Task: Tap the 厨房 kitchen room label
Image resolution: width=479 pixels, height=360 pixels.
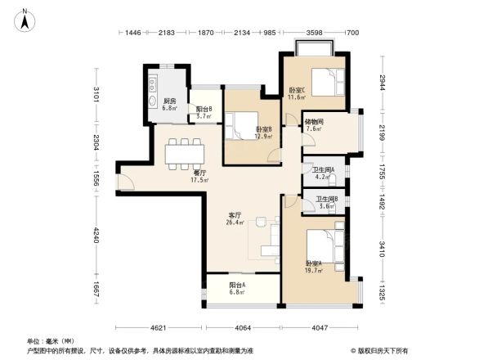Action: point(170,101)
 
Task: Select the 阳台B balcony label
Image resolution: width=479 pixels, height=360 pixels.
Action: point(204,109)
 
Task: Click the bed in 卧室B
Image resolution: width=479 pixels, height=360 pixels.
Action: point(244,124)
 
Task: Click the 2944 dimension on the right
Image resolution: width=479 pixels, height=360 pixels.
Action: point(380,83)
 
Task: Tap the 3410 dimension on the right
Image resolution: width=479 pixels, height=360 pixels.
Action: point(380,245)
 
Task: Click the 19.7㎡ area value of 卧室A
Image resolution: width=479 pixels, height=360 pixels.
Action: point(314,271)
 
